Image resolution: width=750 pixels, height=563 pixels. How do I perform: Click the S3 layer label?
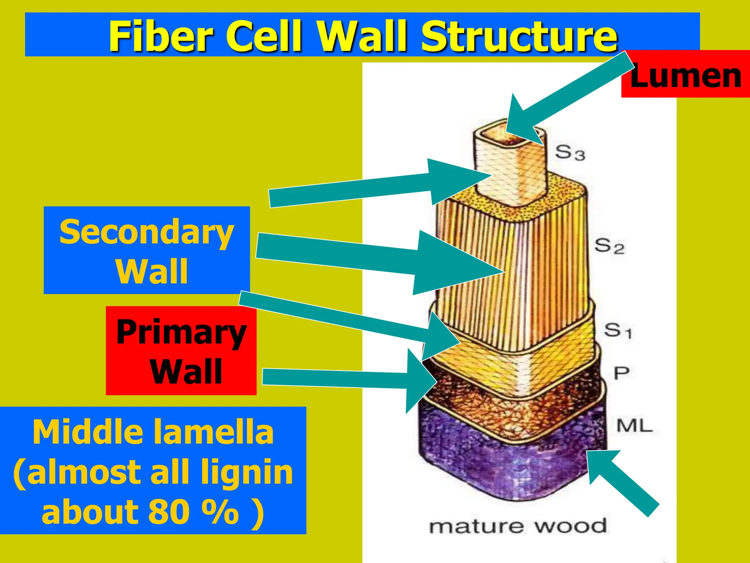click(570, 152)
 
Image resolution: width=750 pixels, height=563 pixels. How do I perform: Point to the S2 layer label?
click(609, 246)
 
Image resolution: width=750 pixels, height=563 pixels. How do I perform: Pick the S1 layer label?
click(617, 330)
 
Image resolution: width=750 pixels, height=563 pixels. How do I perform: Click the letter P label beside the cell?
click(621, 374)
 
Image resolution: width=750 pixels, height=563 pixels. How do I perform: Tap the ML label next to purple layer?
click(634, 426)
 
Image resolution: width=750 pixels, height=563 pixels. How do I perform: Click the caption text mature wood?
click(517, 526)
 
